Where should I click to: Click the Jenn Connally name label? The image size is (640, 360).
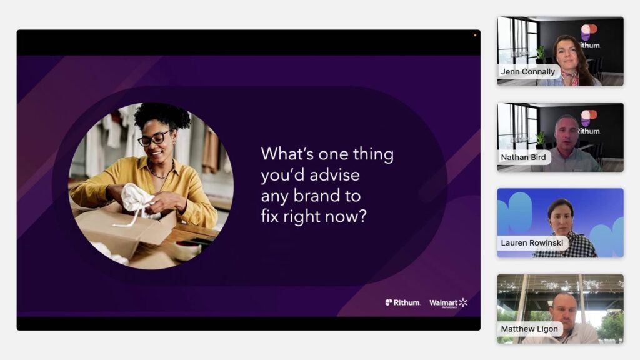527,71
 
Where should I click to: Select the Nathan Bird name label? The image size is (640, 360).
523,157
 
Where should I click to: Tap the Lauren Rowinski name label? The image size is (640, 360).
532,243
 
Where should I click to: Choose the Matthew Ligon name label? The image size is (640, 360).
529,329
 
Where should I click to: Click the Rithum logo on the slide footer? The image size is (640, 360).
402,302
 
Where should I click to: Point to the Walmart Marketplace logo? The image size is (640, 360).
448,303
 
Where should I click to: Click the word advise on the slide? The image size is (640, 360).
334,175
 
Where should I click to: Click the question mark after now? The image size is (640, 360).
362,216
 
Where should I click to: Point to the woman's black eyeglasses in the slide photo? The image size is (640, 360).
155,137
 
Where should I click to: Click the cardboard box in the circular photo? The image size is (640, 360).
122,231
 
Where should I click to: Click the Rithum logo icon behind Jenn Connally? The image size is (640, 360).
589,31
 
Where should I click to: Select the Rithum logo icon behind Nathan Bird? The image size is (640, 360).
589,117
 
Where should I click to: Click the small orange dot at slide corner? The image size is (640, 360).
475,35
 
